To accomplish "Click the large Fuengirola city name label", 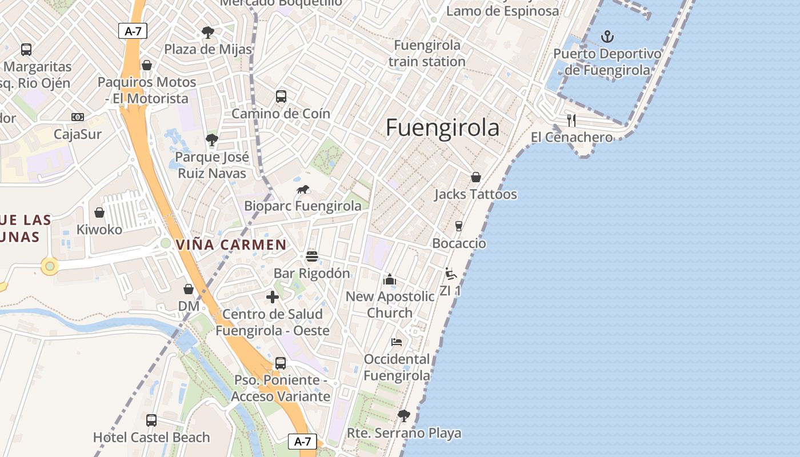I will coord(442,127).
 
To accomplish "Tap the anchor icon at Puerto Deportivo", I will coord(607,37).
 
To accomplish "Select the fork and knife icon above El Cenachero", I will coord(571,120).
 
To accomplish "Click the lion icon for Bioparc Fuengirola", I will coord(303,189).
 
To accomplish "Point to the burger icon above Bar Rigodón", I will coord(311,256).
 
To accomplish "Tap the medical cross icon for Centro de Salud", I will coord(273,297).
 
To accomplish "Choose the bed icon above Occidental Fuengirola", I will coord(397,342).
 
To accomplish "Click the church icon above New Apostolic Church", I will coord(390,279).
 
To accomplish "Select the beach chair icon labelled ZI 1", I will coord(451,274).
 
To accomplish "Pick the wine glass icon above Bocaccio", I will coord(458,226).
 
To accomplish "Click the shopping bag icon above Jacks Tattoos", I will coord(475,177).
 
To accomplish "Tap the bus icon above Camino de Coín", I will coord(281,96).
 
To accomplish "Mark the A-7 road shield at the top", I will coord(133,31).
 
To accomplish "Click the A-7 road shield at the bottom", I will coord(302,441).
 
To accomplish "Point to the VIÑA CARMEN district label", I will coord(231,245).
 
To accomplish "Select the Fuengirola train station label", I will coord(427,53).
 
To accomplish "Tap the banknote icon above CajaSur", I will coord(78,117).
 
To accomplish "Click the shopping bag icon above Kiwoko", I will coord(99,213).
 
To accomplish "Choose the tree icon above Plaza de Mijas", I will coord(208,33).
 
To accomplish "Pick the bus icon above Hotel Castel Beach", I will coord(151,420).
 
